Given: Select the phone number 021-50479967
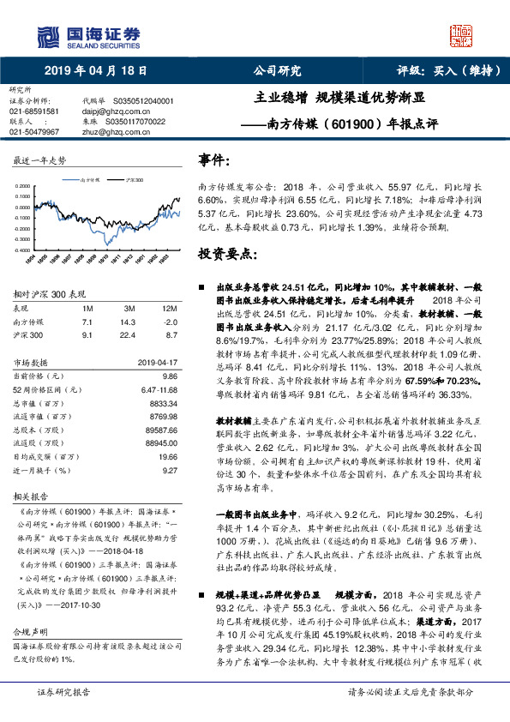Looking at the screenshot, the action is (34, 132).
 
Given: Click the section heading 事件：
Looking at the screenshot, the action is (213, 161).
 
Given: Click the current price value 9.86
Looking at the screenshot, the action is (169, 376).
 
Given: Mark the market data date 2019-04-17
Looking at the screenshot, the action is (157, 362).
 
